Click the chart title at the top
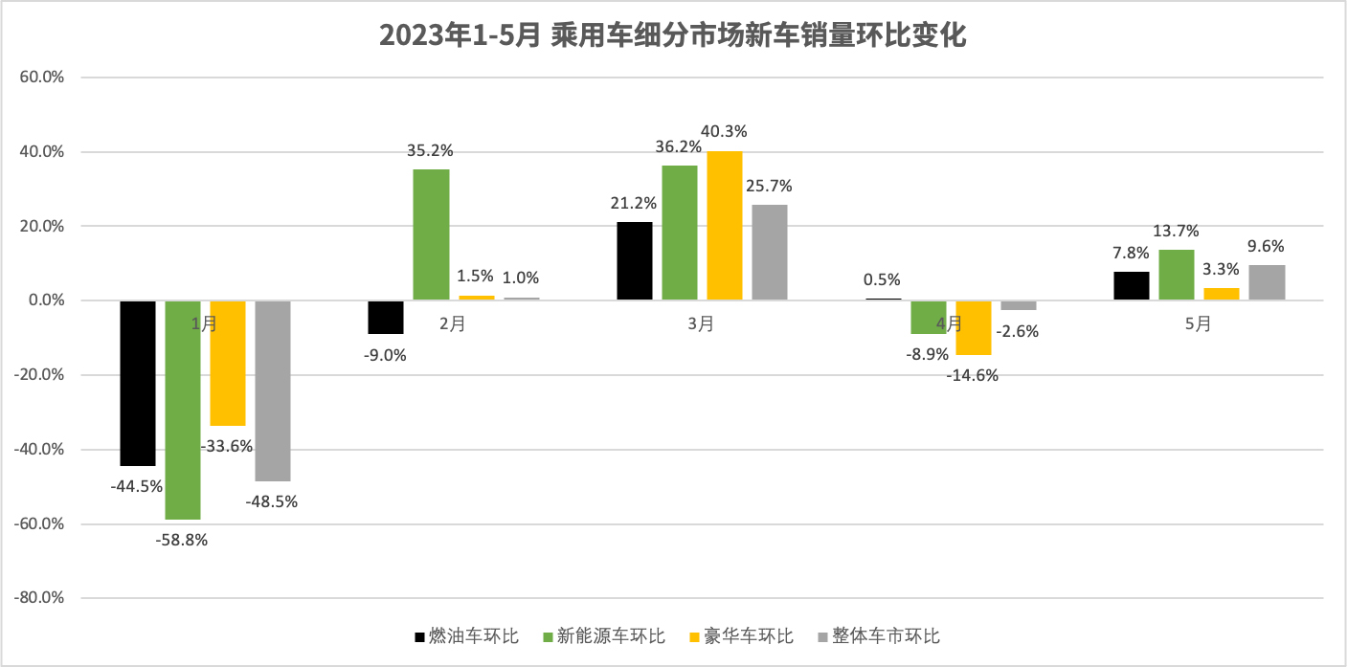click(673, 35)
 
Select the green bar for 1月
click(183, 410)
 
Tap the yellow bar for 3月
click(725, 226)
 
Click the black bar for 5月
click(1132, 286)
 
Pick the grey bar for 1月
click(273, 390)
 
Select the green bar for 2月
click(431, 234)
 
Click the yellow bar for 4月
click(974, 328)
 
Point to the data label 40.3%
click(724, 131)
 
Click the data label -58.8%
click(182, 539)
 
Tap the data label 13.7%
click(1177, 231)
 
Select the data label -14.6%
click(973, 375)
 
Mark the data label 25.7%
click(770, 186)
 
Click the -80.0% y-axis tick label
click(37, 598)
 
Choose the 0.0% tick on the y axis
click(42, 300)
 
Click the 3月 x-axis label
click(701, 324)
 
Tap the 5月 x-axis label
click(1198, 324)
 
